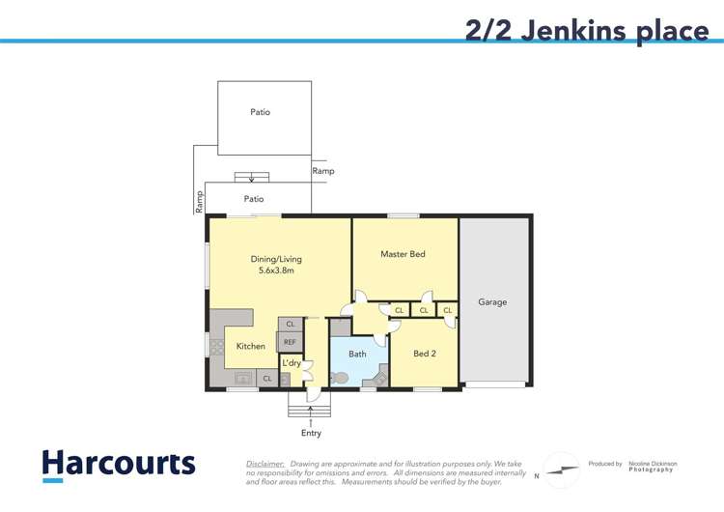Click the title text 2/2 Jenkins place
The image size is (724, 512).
tap(587, 30)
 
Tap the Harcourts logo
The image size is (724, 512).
tap(119, 464)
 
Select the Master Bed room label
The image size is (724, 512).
tap(403, 254)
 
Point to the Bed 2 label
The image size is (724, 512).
tap(424, 354)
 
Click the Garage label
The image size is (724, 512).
tap(492, 302)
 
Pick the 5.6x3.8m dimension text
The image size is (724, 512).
tap(276, 271)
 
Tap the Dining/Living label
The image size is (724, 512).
tap(276, 259)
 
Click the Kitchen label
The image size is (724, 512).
tap(251, 346)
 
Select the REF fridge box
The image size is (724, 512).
tap(290, 342)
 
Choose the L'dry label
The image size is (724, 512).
tap(291, 363)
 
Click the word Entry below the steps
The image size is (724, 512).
tap(311, 433)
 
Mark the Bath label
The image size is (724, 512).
tap(357, 354)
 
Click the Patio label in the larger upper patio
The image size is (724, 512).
tap(260, 112)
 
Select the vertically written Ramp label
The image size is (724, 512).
tap(200, 200)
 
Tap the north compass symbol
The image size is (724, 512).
tap(563, 469)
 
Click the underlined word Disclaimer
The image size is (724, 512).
tap(265, 464)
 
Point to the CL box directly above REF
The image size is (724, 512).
tap(290, 325)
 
